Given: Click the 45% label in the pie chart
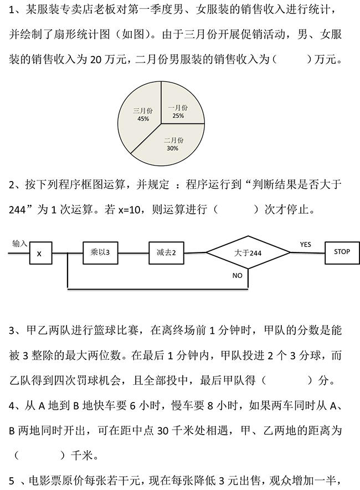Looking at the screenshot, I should pos(143,119).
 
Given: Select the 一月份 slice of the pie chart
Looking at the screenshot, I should pos(180,105).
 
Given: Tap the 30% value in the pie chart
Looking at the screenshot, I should pos(172,148).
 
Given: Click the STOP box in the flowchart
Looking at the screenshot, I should pos(342,252).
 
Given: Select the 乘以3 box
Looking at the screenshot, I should pos(100,252).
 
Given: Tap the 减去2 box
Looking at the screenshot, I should pos(166,252).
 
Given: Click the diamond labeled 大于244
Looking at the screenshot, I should pos(248,252).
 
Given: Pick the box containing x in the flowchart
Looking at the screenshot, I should pos(39,254).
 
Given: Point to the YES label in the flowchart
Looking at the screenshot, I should pos(305,244).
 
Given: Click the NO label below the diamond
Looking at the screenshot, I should pos(237,275).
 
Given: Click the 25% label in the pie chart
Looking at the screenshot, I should pos(178,116).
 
